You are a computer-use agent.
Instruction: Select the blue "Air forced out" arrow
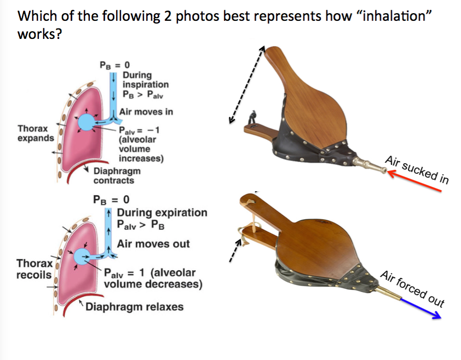[419, 308]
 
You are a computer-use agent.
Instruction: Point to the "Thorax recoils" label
[34, 268]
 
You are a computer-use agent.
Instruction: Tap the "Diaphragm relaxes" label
[134, 306]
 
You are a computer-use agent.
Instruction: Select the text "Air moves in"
[146, 112]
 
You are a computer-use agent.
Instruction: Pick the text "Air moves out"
[153, 243]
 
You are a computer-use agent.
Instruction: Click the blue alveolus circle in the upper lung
[86, 123]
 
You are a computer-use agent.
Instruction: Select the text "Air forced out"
[412, 288]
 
